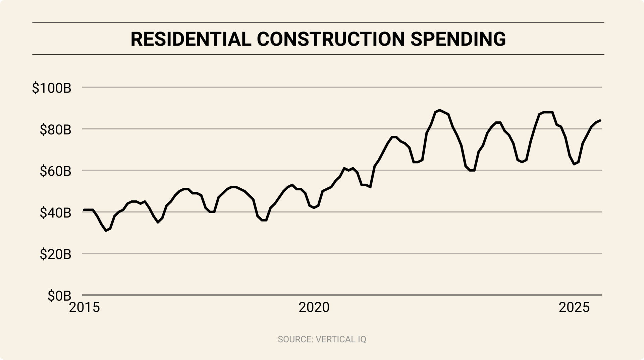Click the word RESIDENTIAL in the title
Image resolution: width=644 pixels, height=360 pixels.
pos(191,39)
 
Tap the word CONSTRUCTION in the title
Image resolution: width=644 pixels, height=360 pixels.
pos(331,39)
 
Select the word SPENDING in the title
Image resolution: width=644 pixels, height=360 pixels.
pos(458,39)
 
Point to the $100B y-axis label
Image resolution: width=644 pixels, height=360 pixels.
pos(52,88)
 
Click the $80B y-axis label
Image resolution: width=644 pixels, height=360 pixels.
pos(55,130)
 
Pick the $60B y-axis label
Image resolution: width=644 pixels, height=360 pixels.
pos(55,171)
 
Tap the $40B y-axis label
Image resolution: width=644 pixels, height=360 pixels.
pos(55,213)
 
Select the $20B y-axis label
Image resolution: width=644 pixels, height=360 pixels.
pos(55,254)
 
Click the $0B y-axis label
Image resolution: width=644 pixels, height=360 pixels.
pos(59,296)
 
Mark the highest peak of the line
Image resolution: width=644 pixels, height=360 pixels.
pos(439,110)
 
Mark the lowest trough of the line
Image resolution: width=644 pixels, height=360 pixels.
pos(106,231)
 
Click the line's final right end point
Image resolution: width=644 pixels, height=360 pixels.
pos(600,120)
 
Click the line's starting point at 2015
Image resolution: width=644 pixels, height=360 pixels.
pos(84,210)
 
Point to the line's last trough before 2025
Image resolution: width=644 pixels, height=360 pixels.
pos(575,164)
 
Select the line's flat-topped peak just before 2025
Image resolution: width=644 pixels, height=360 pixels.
pos(548,112)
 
